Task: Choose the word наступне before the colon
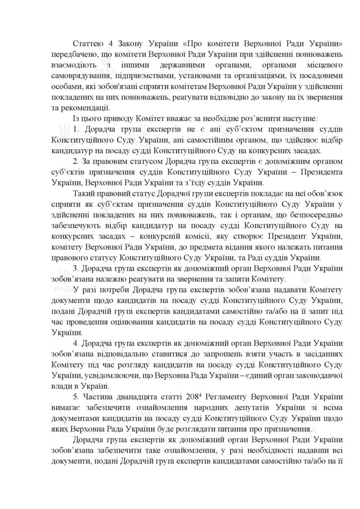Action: (x=286, y=120)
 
